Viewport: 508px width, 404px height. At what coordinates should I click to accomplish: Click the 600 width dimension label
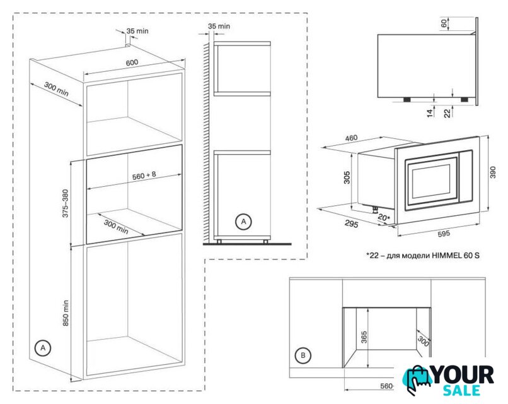pyautogui.click(x=132, y=62)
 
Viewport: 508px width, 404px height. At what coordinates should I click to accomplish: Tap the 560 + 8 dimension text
pyautogui.click(x=144, y=175)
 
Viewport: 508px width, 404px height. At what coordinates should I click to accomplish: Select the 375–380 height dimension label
pyautogui.click(x=66, y=203)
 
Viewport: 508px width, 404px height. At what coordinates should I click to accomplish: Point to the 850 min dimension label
pyautogui.click(x=66, y=313)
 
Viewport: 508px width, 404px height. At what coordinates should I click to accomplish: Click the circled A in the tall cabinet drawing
pyautogui.click(x=43, y=348)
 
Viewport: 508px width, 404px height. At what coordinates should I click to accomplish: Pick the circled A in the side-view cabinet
pyautogui.click(x=243, y=222)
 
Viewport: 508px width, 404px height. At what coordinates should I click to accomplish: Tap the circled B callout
pyautogui.click(x=303, y=355)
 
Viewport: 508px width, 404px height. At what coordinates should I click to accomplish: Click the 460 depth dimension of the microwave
pyautogui.click(x=351, y=138)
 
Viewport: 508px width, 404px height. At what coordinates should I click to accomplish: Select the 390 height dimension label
pyautogui.click(x=493, y=172)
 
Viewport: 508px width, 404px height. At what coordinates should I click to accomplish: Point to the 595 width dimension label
pyautogui.click(x=443, y=234)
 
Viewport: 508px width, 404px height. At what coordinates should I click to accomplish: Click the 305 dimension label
pyautogui.click(x=347, y=177)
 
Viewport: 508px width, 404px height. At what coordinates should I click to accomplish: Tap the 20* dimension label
pyautogui.click(x=384, y=217)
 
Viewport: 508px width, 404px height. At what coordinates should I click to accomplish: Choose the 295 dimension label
pyautogui.click(x=352, y=224)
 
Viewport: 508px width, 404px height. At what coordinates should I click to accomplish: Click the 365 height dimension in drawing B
pyautogui.click(x=364, y=337)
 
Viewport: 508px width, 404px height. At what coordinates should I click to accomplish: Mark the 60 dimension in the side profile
pyautogui.click(x=444, y=23)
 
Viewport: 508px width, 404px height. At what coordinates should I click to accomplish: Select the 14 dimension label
pyautogui.click(x=430, y=113)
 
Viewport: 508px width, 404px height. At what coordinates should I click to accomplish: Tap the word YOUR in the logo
pyautogui.click(x=464, y=375)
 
